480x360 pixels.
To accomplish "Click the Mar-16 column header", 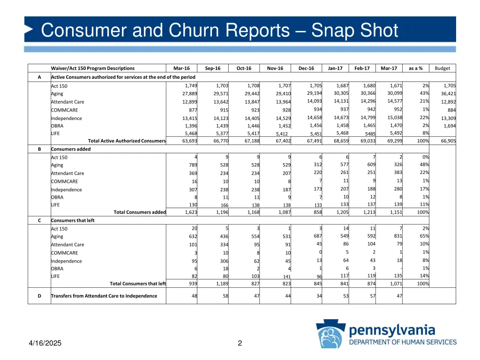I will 181,68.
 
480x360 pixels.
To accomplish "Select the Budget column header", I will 442,68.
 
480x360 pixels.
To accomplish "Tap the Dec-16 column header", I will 306,68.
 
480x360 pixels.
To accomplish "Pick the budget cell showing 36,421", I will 447,94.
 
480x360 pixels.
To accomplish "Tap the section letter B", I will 39,149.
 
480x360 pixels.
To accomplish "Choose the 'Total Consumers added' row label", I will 140,212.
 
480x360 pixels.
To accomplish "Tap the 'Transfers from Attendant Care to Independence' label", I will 104,296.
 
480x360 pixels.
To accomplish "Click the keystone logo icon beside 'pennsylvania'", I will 330,334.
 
